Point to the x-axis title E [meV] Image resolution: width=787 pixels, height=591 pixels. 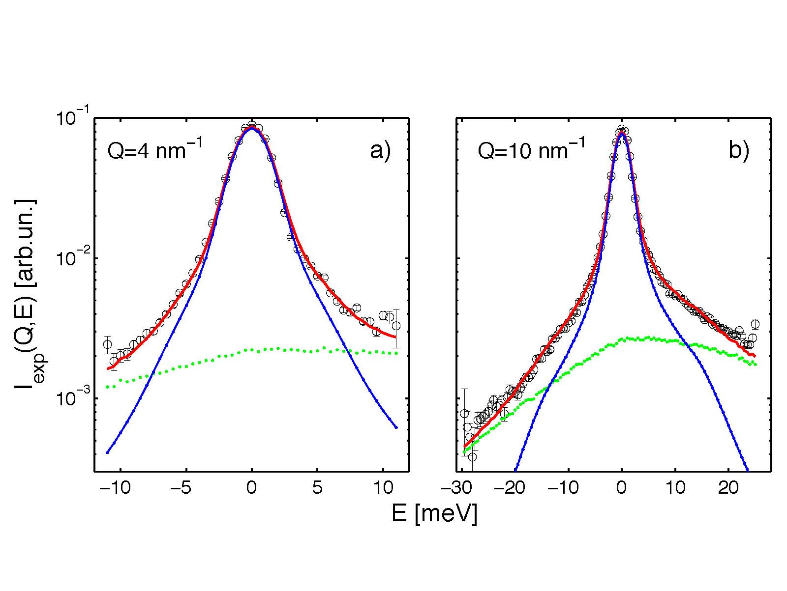pyautogui.click(x=434, y=514)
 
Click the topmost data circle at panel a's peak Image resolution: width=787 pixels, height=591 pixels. pyautogui.click(x=252, y=125)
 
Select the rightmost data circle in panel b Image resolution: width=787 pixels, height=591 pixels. pyautogui.click(x=755, y=324)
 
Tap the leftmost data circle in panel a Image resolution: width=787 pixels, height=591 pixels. pyautogui.click(x=107, y=344)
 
